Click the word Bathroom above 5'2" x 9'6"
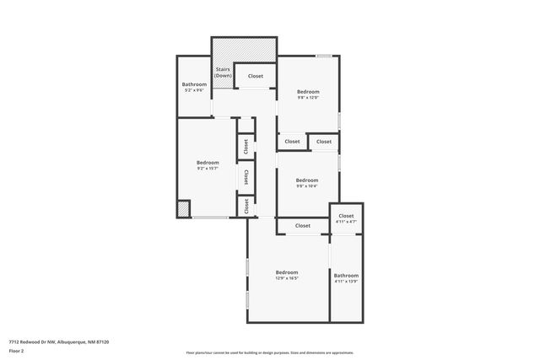(x=194, y=84)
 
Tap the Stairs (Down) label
(x=223, y=73)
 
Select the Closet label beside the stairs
(x=255, y=76)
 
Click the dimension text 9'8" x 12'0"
(x=308, y=97)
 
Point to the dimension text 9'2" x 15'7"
(x=208, y=169)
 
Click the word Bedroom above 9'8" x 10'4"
(x=307, y=180)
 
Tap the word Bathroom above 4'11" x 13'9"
(x=346, y=275)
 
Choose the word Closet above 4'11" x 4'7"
(x=346, y=216)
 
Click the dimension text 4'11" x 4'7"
(x=346, y=222)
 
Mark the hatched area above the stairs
(x=244, y=49)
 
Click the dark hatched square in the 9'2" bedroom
(x=184, y=208)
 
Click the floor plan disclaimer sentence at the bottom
(x=269, y=352)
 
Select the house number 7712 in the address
(x=14, y=341)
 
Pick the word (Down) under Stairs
(x=223, y=76)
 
